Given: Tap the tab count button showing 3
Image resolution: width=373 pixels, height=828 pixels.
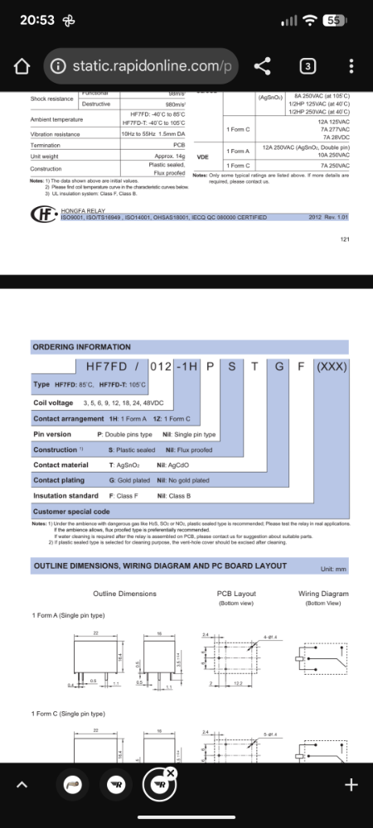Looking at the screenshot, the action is (308, 65).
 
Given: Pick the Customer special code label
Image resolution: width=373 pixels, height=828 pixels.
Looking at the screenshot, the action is (71, 512).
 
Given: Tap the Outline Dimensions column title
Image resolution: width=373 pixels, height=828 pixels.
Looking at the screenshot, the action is (124, 594).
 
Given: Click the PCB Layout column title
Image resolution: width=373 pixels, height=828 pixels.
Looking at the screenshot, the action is (237, 594).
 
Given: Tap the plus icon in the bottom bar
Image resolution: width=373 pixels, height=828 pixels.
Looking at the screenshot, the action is (351, 784).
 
